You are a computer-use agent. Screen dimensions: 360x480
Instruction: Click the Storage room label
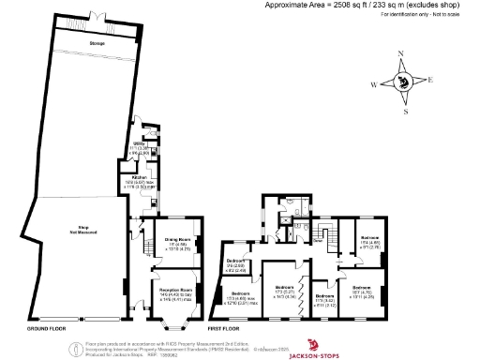point(97,44)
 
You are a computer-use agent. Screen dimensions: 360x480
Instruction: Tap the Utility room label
point(138,143)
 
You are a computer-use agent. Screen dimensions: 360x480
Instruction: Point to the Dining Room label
point(178,240)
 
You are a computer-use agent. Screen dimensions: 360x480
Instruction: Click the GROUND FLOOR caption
point(44,331)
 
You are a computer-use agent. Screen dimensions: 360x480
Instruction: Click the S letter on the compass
point(405,112)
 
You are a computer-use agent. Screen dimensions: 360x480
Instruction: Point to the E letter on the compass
point(431,81)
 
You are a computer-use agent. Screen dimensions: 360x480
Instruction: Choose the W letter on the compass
point(373,84)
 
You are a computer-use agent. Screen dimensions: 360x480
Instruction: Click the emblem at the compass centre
point(403,82)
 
